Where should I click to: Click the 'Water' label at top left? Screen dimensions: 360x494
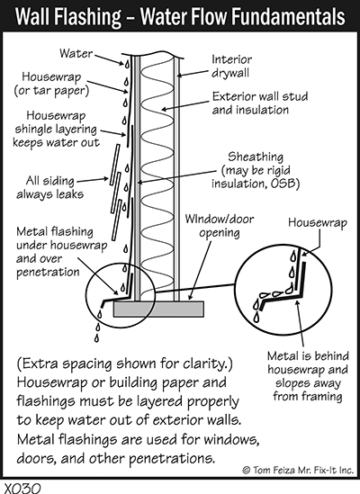(x=76, y=53)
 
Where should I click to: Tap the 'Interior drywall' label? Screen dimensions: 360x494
(x=231, y=66)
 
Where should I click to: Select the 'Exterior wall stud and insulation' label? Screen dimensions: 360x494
(x=260, y=103)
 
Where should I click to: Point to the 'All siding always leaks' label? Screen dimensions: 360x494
(x=50, y=187)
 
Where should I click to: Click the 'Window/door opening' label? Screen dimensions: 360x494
(x=220, y=226)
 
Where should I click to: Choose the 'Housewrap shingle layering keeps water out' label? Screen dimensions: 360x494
(x=56, y=129)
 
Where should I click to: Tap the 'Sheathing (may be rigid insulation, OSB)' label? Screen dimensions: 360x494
(x=256, y=170)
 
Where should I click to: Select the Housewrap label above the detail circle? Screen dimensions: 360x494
(x=318, y=222)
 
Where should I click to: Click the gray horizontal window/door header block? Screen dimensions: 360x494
(x=158, y=309)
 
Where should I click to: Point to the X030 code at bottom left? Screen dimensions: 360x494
(x=22, y=489)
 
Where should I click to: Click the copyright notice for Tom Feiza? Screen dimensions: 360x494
(x=298, y=470)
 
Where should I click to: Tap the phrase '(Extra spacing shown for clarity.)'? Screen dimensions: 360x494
(x=124, y=364)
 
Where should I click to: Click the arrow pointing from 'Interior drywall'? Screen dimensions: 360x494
(x=193, y=73)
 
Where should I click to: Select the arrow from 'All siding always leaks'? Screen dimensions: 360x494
(x=93, y=180)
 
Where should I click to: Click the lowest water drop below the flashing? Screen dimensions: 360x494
(x=96, y=338)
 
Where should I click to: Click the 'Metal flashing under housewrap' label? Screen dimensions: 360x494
(x=62, y=238)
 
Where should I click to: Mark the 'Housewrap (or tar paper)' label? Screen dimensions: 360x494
(x=51, y=84)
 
